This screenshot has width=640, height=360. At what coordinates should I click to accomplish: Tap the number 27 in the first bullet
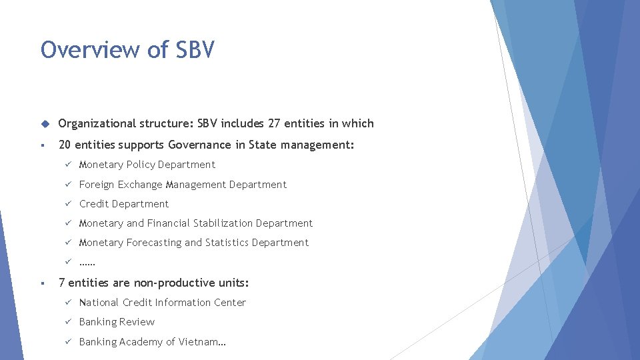pos(274,123)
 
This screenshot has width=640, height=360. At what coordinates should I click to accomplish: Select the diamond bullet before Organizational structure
pos(45,123)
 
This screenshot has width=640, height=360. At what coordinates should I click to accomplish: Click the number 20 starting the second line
pos(65,145)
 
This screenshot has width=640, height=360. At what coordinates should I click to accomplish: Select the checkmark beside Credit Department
pos(67,204)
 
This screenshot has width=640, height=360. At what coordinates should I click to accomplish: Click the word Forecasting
pos(153,243)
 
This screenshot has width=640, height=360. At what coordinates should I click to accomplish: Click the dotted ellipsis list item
pos(87,263)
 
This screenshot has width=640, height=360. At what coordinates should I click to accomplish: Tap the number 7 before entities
pos(61,283)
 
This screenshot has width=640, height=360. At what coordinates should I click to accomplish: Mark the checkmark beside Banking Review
pos(67,322)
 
